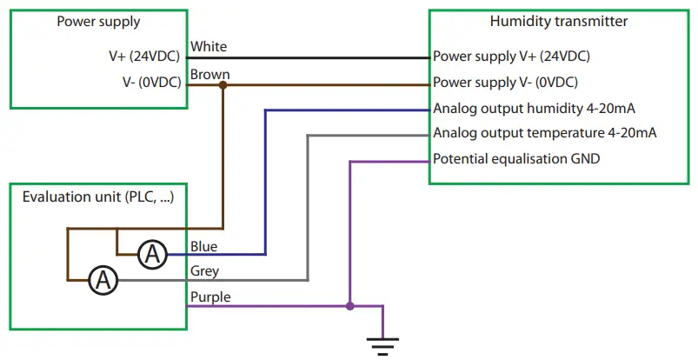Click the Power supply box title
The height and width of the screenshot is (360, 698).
[98, 22]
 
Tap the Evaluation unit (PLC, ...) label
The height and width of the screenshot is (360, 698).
[97, 197]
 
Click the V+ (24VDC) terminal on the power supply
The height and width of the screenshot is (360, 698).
[143, 57]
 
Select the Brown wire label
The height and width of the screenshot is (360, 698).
[209, 74]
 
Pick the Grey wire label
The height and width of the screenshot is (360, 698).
[203, 271]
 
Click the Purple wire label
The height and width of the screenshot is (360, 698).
[209, 297]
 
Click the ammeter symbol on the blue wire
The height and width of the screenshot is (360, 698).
[153, 255]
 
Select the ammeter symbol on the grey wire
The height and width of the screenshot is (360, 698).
[103, 280]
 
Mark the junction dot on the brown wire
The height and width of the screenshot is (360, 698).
[223, 84]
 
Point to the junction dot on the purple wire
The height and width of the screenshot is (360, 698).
[349, 306]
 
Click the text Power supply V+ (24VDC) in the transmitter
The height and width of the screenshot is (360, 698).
[511, 57]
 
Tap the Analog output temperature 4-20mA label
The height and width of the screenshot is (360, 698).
[544, 134]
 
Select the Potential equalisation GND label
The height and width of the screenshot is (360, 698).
[515, 160]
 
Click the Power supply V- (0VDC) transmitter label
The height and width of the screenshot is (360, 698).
[505, 83]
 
